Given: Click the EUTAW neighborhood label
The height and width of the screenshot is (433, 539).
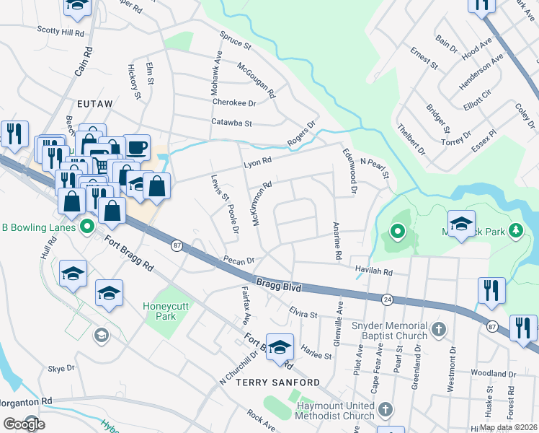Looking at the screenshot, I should tap(95, 104).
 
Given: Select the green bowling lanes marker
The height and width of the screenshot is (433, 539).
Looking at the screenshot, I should tap(88, 227).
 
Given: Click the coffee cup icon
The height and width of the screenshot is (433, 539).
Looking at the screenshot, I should tap(137, 147).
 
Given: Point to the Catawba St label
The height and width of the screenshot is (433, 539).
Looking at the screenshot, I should tap(231, 123).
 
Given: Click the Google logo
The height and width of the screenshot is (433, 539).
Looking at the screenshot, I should tap(24, 424).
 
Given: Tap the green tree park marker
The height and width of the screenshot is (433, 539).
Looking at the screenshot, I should tap(515, 231).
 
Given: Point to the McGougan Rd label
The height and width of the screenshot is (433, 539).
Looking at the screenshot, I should tap(257, 79).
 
